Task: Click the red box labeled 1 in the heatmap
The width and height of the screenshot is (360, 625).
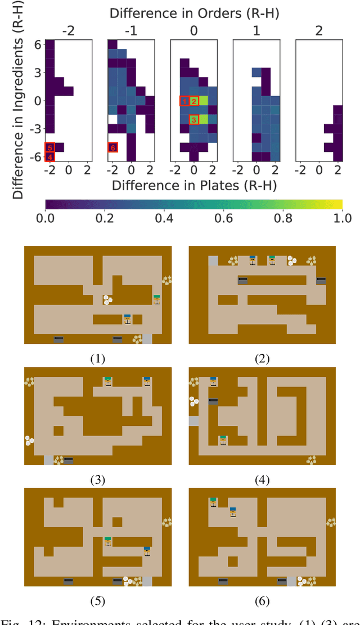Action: (x=184, y=101)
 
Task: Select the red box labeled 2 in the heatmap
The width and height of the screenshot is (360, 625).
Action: (x=193, y=101)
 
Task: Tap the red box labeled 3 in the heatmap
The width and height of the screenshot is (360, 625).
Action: (x=193, y=119)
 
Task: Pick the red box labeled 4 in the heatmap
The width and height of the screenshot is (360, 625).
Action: (x=50, y=156)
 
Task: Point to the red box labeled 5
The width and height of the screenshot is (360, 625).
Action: (x=50, y=147)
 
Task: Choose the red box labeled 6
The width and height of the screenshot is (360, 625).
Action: (x=112, y=147)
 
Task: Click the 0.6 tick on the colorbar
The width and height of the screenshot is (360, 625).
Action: (x=224, y=217)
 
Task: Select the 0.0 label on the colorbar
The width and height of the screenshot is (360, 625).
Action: (x=45, y=217)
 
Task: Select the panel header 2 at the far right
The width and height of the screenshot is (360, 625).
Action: (x=319, y=29)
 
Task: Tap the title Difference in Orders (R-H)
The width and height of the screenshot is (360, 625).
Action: (x=194, y=12)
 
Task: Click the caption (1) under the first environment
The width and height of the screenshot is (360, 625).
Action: (x=97, y=358)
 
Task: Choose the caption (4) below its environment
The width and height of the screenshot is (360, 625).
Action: (x=262, y=480)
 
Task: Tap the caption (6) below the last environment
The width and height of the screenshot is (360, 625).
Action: (x=262, y=601)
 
